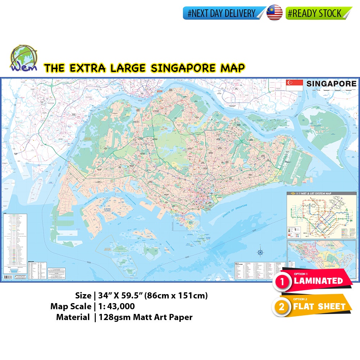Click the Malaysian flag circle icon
pyautogui.click(x=274, y=13)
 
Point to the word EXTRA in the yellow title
pyautogui.click(x=87, y=68)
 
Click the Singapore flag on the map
pyautogui.click(x=294, y=85)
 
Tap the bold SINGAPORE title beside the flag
pyautogui.click(x=331, y=84)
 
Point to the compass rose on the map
pyautogui.click(x=260, y=252)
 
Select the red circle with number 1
pyautogui.click(x=284, y=283)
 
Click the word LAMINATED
pyautogui.click(x=318, y=281)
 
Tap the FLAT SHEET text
pyautogui.click(x=319, y=307)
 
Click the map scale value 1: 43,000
pyautogui.click(x=117, y=306)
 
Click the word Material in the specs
pyautogui.click(x=73, y=317)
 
